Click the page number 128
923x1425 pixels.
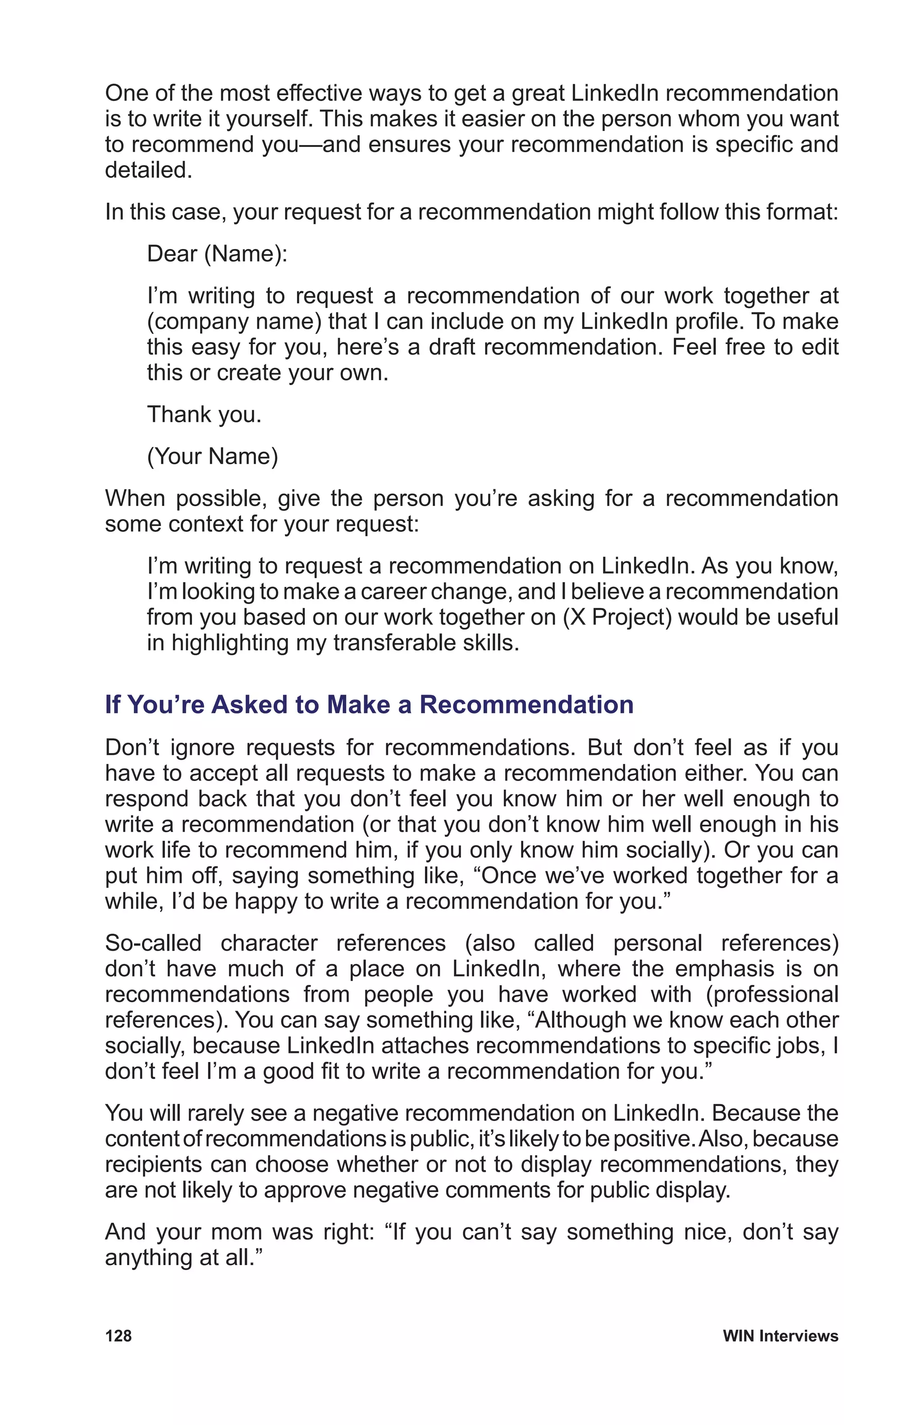[118, 1336]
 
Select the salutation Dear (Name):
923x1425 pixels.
[217, 254]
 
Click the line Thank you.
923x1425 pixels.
[204, 414]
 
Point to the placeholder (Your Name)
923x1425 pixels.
[213, 456]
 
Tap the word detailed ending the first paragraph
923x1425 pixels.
[148, 170]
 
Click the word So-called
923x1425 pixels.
[153, 943]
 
